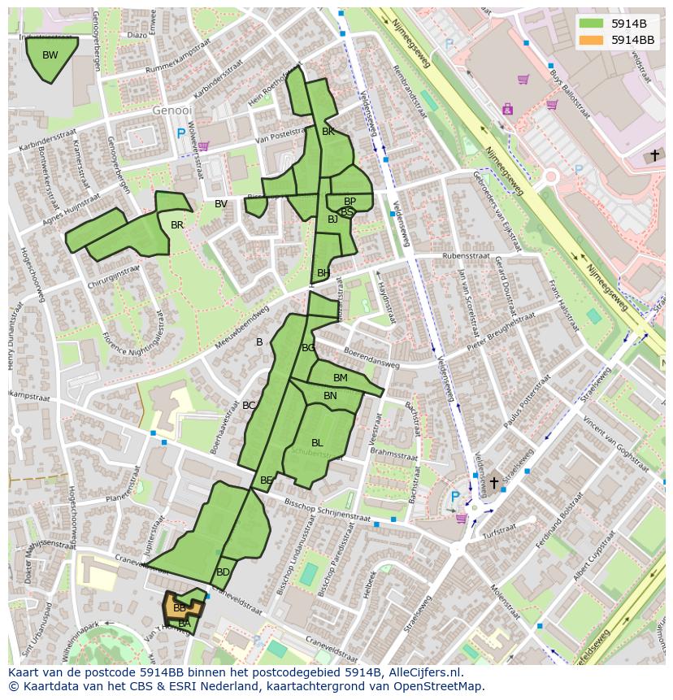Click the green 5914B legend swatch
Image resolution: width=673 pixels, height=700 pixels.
591,24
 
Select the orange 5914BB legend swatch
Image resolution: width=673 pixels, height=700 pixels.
591,40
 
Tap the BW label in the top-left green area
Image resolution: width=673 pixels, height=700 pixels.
50,55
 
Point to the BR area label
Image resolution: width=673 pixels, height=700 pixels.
177,225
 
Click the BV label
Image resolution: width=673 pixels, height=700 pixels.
221,204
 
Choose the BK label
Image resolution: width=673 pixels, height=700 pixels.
328,132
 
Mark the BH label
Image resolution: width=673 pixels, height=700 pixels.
323,273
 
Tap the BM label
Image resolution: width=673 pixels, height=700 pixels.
341,378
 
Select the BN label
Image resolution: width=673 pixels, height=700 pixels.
330,396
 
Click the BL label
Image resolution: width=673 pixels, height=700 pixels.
317,443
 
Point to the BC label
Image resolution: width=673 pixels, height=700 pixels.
249,406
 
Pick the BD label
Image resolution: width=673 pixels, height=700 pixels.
223,572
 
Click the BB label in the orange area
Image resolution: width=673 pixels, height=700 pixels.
180,608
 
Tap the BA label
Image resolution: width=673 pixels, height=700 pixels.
185,624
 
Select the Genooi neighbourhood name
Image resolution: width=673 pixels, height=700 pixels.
172,110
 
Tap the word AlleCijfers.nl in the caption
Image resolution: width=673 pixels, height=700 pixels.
423,672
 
